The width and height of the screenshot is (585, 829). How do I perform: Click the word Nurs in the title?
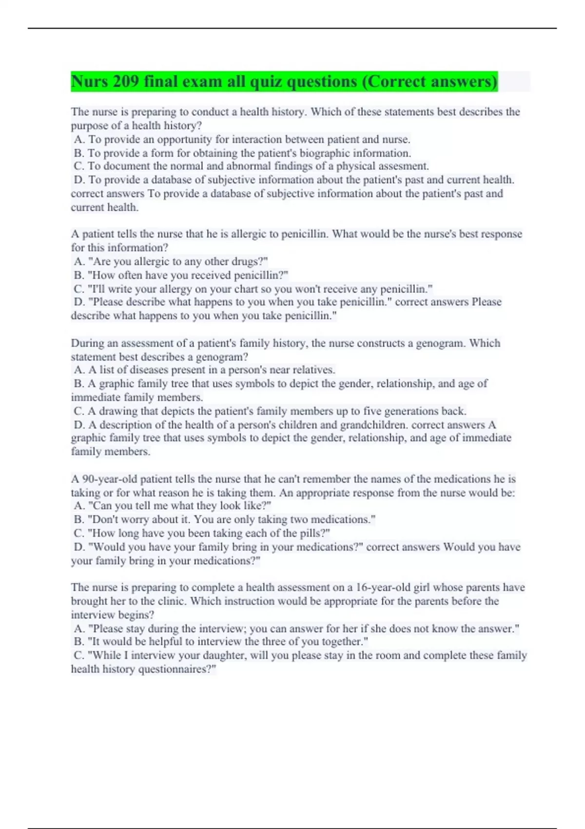pos(89,81)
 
